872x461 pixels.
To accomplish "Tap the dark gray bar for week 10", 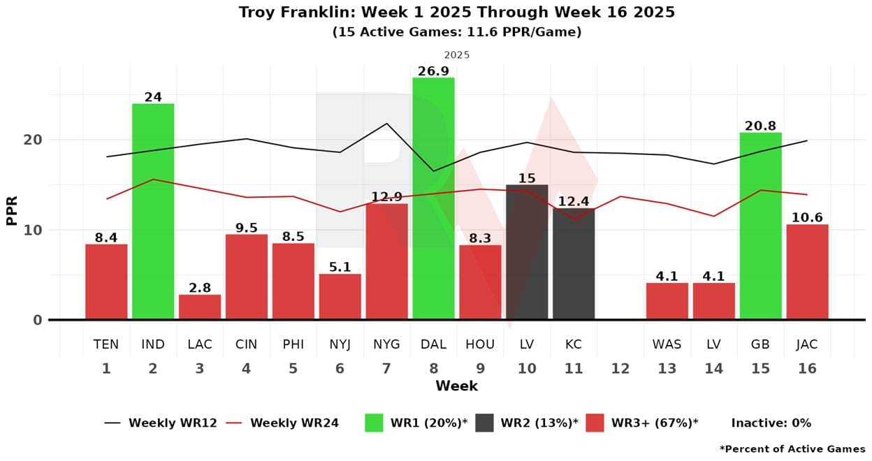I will pyautogui.click(x=527, y=252).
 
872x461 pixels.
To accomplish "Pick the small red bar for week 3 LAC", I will pyautogui.click(x=200, y=307).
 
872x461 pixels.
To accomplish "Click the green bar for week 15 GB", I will pyautogui.click(x=760, y=226).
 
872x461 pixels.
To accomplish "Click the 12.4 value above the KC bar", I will pyautogui.click(x=574, y=201).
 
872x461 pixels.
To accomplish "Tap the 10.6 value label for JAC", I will pyautogui.click(x=807, y=217).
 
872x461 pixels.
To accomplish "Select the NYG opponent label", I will pyautogui.click(x=386, y=344).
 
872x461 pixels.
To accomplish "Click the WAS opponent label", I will pyautogui.click(x=667, y=344).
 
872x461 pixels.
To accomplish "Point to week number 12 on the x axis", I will pyautogui.click(x=620, y=368).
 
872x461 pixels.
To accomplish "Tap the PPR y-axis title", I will pyautogui.click(x=12, y=210).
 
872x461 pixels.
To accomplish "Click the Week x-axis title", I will pyautogui.click(x=456, y=386).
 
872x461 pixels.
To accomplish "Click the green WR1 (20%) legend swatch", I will pyautogui.click(x=374, y=423).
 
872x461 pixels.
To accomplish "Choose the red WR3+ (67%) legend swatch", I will pyautogui.click(x=595, y=423).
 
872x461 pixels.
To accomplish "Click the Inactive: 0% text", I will pyautogui.click(x=771, y=423).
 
